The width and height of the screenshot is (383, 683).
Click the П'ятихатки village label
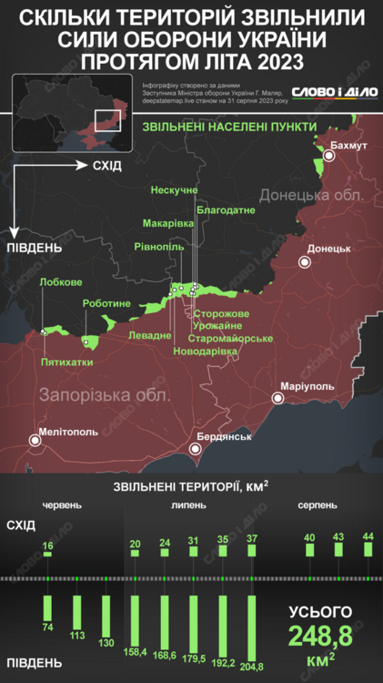tap(66, 362)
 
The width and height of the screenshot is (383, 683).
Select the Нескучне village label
tap(174, 189)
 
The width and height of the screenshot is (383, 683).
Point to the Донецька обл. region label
tap(311, 195)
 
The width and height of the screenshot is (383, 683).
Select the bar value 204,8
tap(251, 653)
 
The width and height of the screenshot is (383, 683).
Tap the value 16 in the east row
tap(47, 545)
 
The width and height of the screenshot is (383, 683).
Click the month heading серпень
tap(317, 504)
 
